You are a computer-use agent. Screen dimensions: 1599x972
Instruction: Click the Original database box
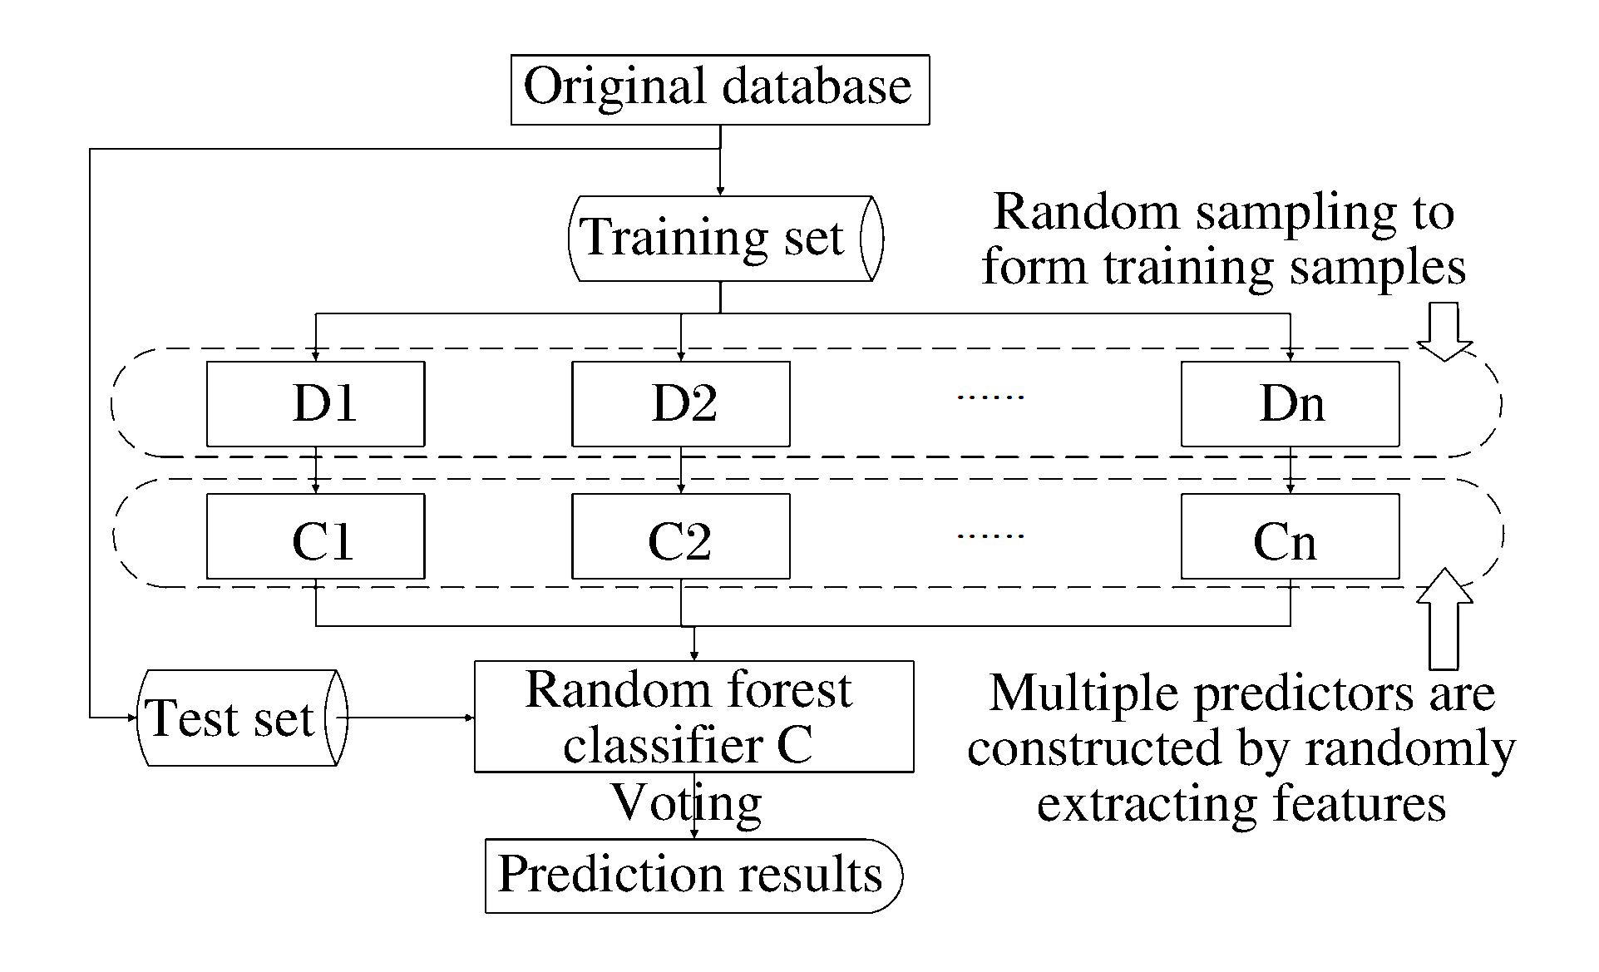[x=720, y=90]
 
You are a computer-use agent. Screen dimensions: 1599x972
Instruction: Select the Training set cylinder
[x=726, y=239]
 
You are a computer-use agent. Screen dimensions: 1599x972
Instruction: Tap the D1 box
[x=316, y=404]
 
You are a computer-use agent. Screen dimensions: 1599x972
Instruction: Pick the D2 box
[x=681, y=404]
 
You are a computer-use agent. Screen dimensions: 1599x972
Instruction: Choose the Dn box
[x=1291, y=404]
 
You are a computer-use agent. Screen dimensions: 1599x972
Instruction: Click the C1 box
[x=316, y=536]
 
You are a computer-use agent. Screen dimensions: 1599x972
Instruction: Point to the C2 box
[x=681, y=536]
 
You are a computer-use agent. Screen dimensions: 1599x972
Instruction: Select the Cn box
[x=1291, y=536]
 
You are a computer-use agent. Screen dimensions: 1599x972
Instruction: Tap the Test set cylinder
[x=242, y=718]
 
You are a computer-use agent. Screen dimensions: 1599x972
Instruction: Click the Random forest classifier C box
[x=694, y=717]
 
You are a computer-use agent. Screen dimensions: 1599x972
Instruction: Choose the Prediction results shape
[x=694, y=876]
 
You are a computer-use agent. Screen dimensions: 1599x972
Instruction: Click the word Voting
[x=687, y=804]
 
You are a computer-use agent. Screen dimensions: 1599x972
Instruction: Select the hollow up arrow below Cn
[x=1444, y=619]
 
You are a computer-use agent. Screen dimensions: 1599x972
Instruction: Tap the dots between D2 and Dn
[x=990, y=397]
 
